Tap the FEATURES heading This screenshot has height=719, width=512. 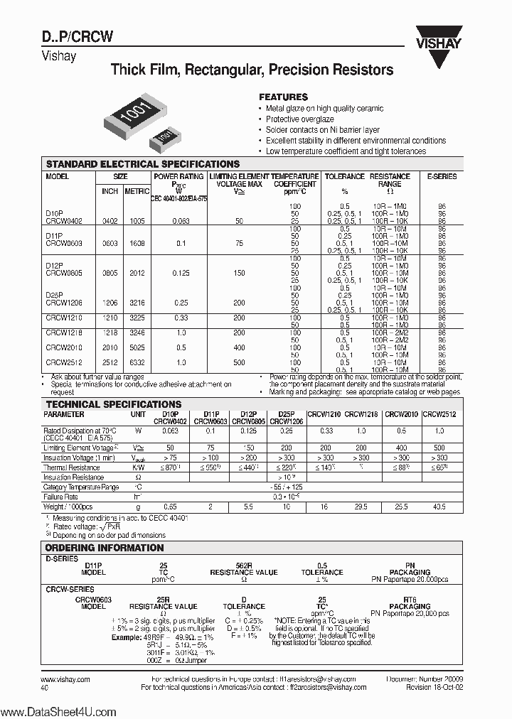click(x=282, y=97)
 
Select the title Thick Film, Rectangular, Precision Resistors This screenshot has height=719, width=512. click(x=252, y=70)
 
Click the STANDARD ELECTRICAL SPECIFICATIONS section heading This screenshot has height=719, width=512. click(x=142, y=164)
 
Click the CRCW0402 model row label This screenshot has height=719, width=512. click(x=64, y=221)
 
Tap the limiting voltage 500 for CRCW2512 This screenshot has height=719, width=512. click(x=239, y=362)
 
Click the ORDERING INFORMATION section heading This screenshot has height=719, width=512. click(x=105, y=548)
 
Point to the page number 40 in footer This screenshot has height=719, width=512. click(x=46, y=688)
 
